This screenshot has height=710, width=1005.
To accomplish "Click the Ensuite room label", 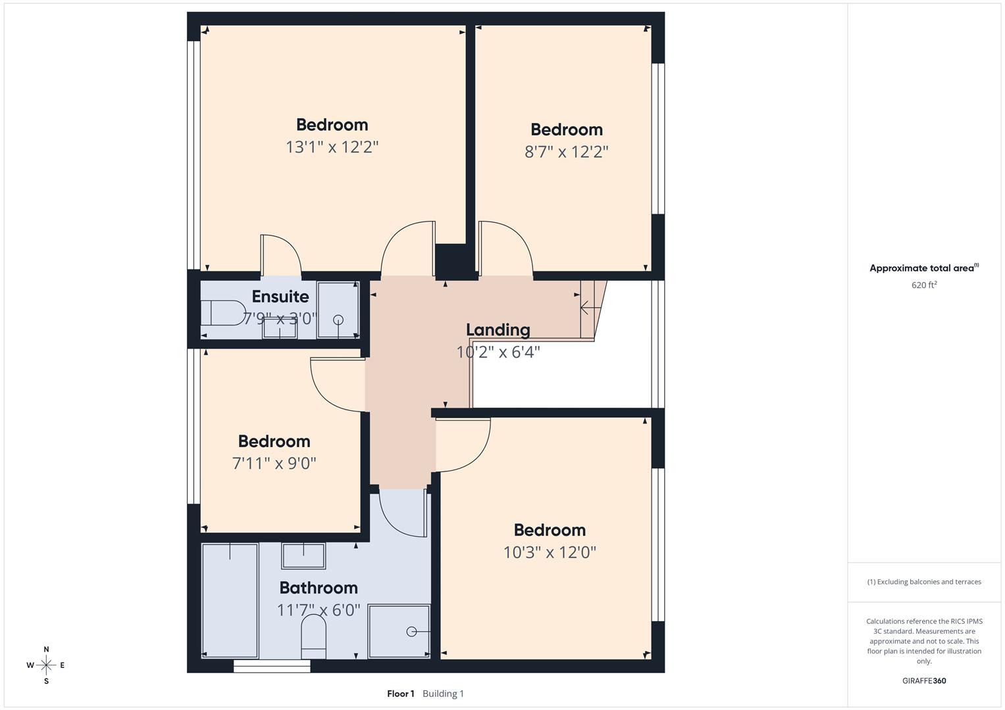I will click(x=280, y=296).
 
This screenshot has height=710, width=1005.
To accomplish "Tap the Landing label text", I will click(x=498, y=330).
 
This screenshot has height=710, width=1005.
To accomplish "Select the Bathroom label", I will click(x=319, y=588).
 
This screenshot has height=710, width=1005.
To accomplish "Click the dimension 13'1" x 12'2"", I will click(x=332, y=147).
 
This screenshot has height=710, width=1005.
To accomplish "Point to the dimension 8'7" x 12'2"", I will click(x=566, y=152).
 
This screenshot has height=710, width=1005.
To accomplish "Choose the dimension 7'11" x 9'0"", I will click(x=274, y=463).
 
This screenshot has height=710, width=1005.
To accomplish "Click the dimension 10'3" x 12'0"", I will click(x=550, y=552).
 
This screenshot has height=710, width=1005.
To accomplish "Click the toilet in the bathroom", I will click(x=313, y=639).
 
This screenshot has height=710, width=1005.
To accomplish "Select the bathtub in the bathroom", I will click(x=230, y=600).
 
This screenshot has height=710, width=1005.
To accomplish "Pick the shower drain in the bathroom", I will click(x=411, y=632).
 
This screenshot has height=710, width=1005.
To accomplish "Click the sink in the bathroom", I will click(x=303, y=556).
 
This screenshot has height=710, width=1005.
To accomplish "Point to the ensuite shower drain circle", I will click(x=338, y=320).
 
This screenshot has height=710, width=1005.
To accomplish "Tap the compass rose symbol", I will click(x=46, y=665).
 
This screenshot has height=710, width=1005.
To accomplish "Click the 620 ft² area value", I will click(x=923, y=285).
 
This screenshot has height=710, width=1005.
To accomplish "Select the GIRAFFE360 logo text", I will click(x=923, y=680).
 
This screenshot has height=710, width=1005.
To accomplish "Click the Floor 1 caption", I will click(x=400, y=694).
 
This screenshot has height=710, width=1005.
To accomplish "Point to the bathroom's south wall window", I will click(x=272, y=666).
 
